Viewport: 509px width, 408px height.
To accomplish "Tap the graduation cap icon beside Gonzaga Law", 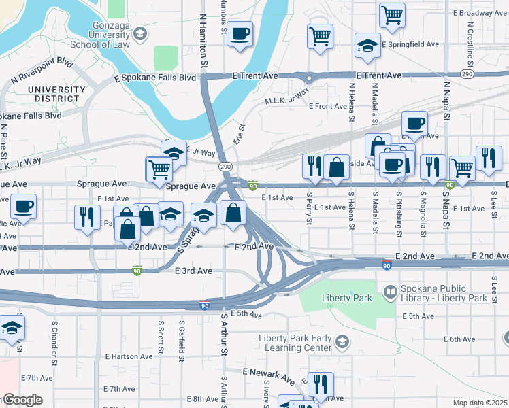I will click(x=139, y=33).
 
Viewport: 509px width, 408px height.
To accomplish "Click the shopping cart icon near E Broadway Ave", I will click(x=392, y=15).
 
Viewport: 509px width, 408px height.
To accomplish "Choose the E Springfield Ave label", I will click(x=410, y=44).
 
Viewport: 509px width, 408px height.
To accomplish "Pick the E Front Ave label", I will click(x=328, y=106).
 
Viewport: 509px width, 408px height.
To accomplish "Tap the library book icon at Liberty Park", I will click(x=391, y=293).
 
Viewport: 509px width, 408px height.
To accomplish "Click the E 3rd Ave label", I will click(x=193, y=271).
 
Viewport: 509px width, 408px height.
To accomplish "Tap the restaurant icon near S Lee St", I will click(x=488, y=158).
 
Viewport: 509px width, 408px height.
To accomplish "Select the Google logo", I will click(x=22, y=400).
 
